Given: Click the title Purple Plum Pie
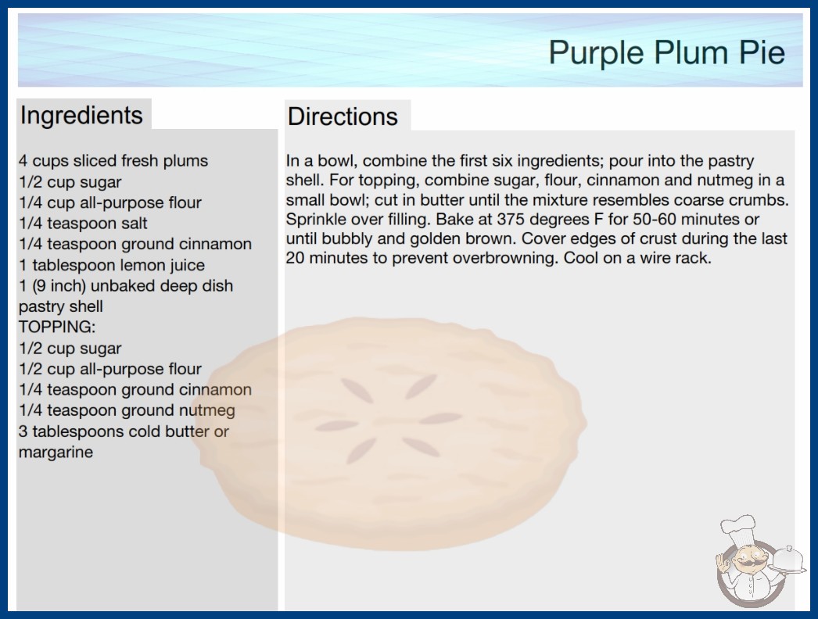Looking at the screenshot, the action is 667,53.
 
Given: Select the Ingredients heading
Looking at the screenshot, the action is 81,116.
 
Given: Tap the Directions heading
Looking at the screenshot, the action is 343,116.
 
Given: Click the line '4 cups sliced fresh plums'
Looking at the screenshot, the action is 113,161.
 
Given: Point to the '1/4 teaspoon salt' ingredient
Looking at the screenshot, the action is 83,224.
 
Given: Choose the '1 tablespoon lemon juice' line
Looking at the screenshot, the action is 112,265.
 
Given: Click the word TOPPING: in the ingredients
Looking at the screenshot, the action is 57,327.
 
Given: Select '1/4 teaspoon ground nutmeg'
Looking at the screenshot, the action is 127,410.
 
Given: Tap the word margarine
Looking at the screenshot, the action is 56,452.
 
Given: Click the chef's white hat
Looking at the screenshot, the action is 739,528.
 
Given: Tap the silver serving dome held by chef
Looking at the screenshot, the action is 788,560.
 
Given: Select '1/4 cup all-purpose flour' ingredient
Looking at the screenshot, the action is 110,202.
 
